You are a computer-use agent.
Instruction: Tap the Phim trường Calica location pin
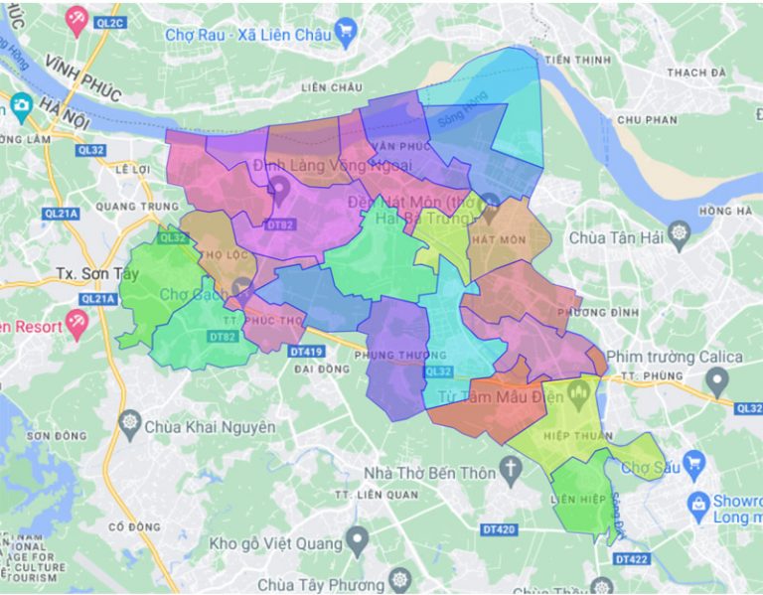point(718,379)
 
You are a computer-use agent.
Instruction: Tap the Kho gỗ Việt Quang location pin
point(358,543)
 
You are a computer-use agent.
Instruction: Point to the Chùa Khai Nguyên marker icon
point(129,426)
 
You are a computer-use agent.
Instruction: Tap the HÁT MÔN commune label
point(498,239)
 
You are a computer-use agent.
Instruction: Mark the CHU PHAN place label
point(647,119)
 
